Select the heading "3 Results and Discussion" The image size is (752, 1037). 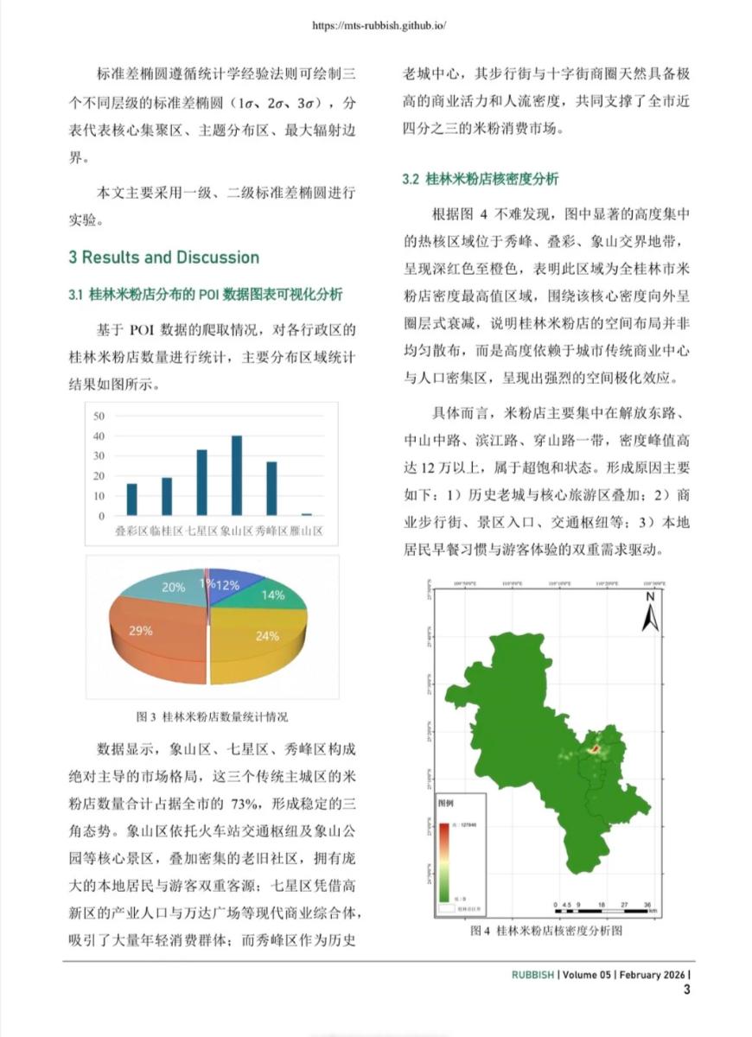tap(164, 258)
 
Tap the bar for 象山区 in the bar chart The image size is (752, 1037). tap(236, 475)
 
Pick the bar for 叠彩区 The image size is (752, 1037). tap(131, 499)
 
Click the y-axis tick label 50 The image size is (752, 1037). tap(99, 415)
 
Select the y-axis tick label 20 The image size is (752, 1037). tap(99, 476)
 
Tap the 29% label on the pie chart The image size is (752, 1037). tap(141, 631)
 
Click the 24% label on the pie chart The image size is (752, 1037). tap(267, 636)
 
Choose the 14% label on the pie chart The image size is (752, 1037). tap(273, 595)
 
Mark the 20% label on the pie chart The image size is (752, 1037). tap(173, 588)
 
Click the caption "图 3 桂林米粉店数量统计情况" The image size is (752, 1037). tap(212, 716)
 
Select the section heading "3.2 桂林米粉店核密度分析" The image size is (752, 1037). tap(480, 180)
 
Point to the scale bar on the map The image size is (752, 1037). tap(605, 903)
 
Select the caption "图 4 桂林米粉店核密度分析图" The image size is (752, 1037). tap(546, 931)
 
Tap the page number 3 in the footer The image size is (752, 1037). tap(687, 989)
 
